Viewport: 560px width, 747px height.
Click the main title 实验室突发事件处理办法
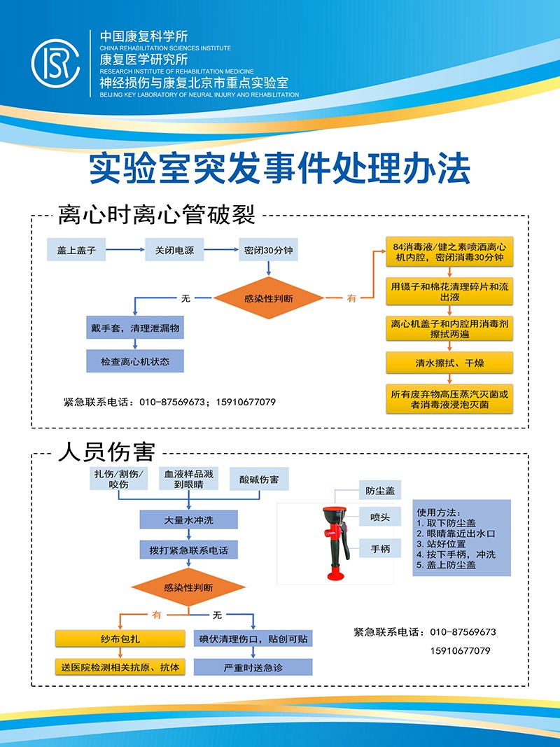click(x=279, y=169)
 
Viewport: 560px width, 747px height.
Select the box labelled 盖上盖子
click(x=76, y=250)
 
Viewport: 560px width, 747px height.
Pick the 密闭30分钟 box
click(x=269, y=250)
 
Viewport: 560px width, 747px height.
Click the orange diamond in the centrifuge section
click(x=269, y=298)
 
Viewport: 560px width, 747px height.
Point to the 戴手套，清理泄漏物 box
click(x=134, y=328)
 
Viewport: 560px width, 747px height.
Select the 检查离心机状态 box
click(x=134, y=362)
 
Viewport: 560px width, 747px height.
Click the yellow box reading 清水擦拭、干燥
click(x=450, y=362)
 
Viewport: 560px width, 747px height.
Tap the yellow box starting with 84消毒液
click(x=450, y=253)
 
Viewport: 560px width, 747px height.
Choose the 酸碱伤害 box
click(x=259, y=480)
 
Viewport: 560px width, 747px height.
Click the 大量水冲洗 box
click(x=188, y=520)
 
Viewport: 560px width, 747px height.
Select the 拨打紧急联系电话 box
click(x=188, y=550)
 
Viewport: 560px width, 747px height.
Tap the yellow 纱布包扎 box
click(x=120, y=639)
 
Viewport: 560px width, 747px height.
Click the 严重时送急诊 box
click(x=253, y=667)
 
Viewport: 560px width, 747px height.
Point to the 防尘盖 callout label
click(x=380, y=491)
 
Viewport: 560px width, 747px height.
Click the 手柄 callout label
click(x=380, y=550)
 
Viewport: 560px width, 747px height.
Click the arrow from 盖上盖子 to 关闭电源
click(x=125, y=250)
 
